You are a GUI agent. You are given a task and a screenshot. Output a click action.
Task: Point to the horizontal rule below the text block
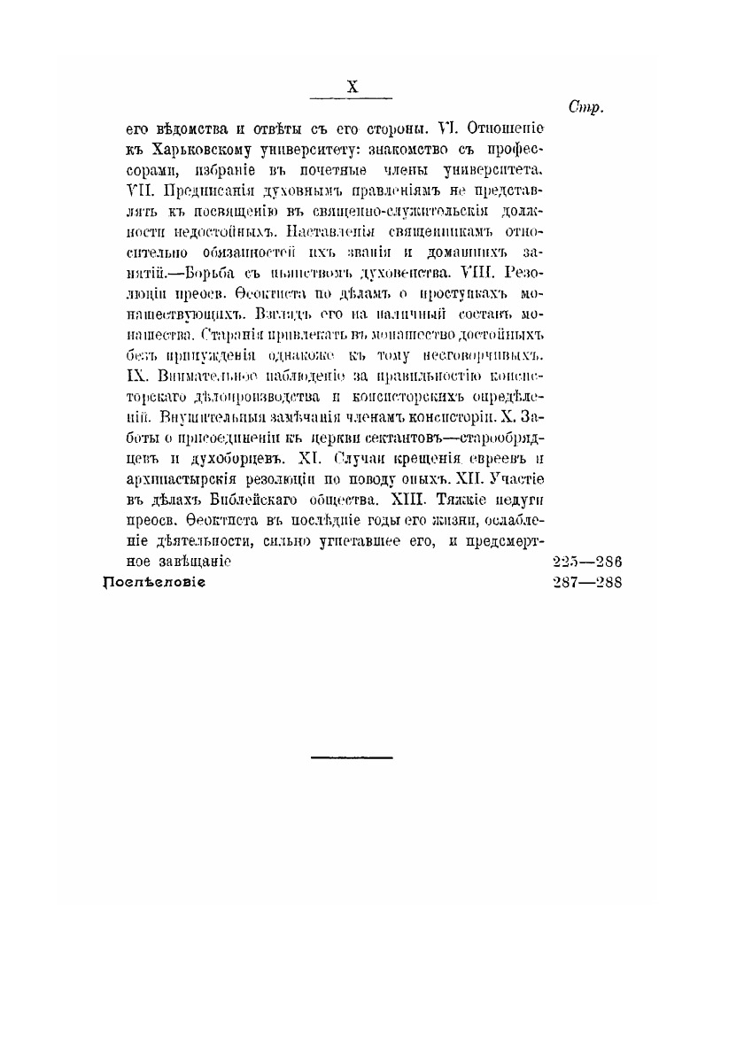(352, 757)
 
